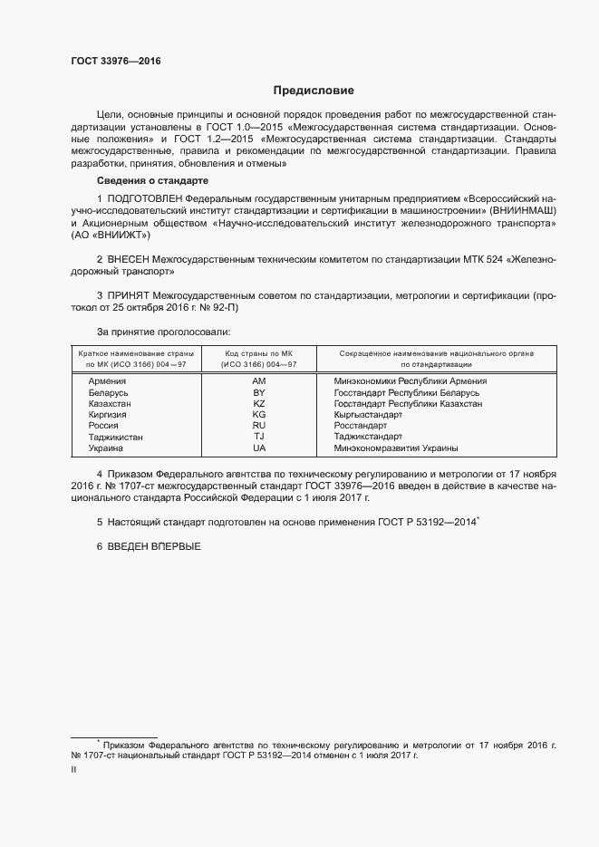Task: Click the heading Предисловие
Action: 314,91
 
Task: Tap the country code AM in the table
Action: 258,381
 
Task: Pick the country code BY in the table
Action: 258,392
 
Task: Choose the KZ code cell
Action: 258,403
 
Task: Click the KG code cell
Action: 258,415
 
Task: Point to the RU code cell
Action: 258,426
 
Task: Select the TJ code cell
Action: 258,437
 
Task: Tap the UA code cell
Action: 258,448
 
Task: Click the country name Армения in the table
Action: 107,381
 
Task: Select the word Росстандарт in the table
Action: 360,426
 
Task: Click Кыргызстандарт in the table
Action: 368,415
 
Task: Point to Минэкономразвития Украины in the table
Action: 395,448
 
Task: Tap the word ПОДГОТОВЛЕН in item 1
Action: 144,197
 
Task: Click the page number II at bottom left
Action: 73,769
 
